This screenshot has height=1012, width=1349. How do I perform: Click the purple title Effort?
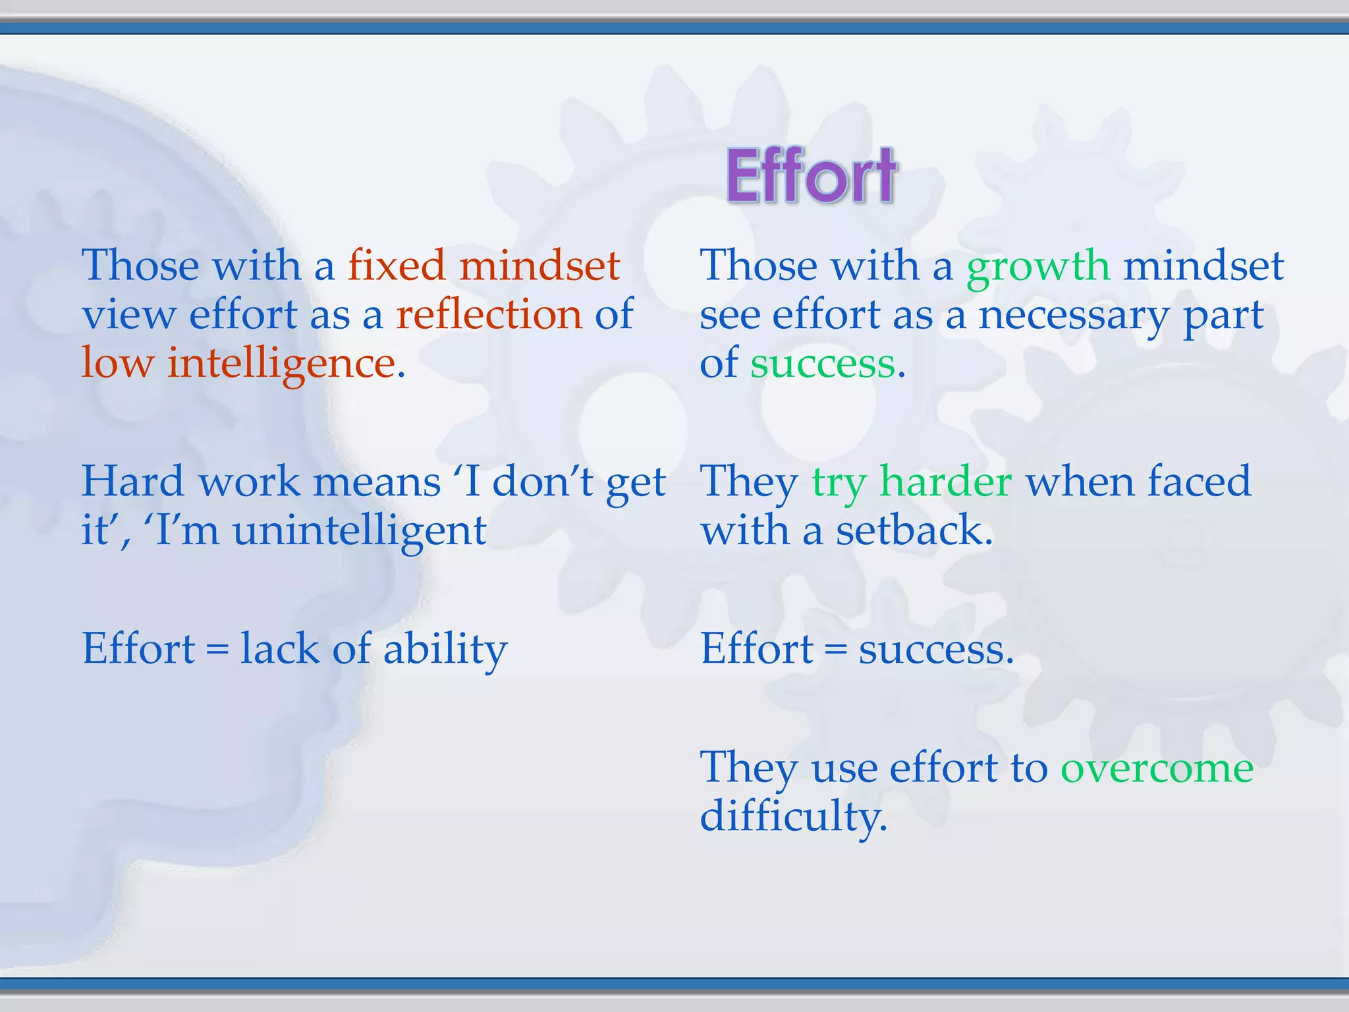pos(811,175)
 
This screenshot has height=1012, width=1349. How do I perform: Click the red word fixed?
pos(396,266)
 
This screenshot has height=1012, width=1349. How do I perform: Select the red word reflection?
pos(489,314)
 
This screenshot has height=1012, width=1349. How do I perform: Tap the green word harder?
pos(946,481)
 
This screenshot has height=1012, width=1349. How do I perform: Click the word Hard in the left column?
pos(132,481)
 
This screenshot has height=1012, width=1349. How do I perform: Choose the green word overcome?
pos(1157,768)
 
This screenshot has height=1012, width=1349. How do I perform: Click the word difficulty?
pos(793,817)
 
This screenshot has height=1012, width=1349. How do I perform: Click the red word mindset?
pos(539,266)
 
